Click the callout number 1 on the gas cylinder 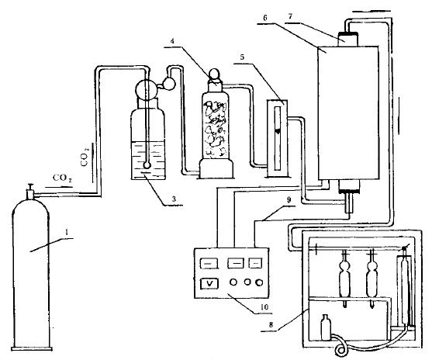point(66,233)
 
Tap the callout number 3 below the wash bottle point(174,199)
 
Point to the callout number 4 point(172,41)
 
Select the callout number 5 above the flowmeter point(242,57)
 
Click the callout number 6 point(265,18)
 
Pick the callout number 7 point(290,16)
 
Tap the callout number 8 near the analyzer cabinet point(271,325)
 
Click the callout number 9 point(289,200)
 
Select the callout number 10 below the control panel point(264,307)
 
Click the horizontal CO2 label point(62,178)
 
